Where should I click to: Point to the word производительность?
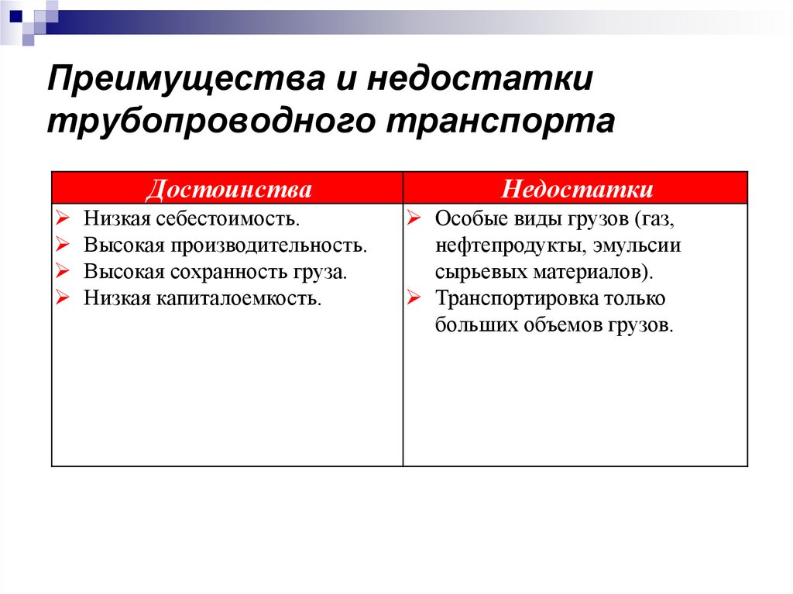(266, 246)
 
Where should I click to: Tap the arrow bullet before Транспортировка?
(414, 298)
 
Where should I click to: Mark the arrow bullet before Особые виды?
(414, 220)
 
